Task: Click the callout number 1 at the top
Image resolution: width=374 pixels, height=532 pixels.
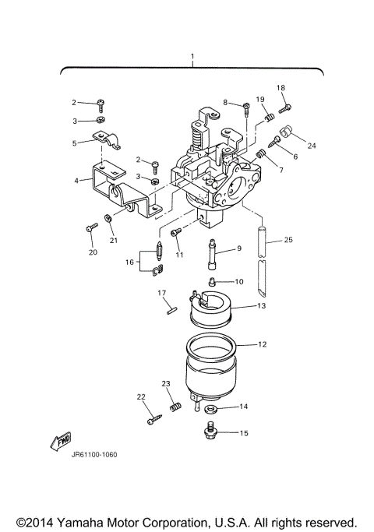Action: click(x=192, y=58)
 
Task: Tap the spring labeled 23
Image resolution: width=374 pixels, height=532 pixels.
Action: click(x=175, y=407)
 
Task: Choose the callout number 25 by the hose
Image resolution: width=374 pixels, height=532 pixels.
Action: click(x=288, y=241)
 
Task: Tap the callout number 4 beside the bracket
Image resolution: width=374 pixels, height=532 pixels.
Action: click(x=77, y=181)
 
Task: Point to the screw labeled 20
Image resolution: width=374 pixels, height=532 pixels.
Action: click(x=91, y=228)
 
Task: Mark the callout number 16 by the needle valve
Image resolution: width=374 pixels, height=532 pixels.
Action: click(x=130, y=262)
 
